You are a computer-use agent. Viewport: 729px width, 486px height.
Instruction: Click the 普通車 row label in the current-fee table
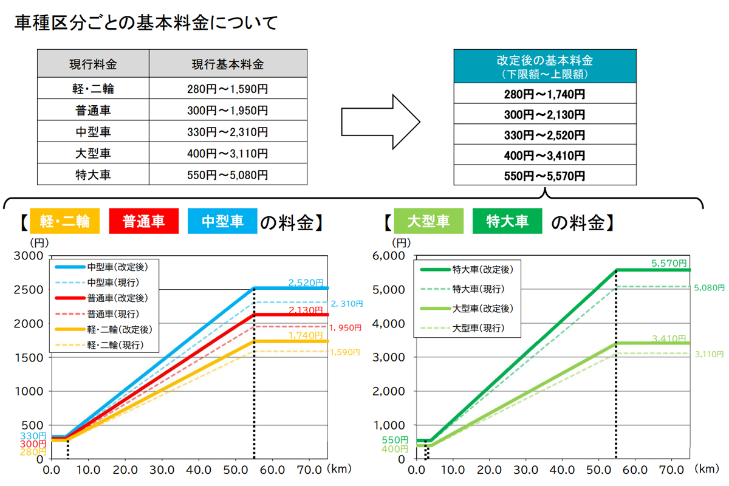tap(93, 111)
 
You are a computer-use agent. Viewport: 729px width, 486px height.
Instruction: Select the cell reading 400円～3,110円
tap(228, 153)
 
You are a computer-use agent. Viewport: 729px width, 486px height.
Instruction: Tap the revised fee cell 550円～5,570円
tap(544, 176)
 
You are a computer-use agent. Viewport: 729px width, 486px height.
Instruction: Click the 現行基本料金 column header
tap(228, 64)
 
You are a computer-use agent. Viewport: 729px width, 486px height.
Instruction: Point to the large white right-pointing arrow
tap(380, 121)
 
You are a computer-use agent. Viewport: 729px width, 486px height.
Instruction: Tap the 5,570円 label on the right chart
tap(669, 264)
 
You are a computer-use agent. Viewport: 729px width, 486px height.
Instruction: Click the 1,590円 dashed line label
tap(344, 352)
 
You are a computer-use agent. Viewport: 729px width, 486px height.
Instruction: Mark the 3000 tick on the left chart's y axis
tap(30, 256)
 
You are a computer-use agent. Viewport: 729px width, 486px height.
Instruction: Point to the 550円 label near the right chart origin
tap(395, 440)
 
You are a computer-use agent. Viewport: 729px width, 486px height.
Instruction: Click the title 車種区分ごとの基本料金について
tap(146, 24)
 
